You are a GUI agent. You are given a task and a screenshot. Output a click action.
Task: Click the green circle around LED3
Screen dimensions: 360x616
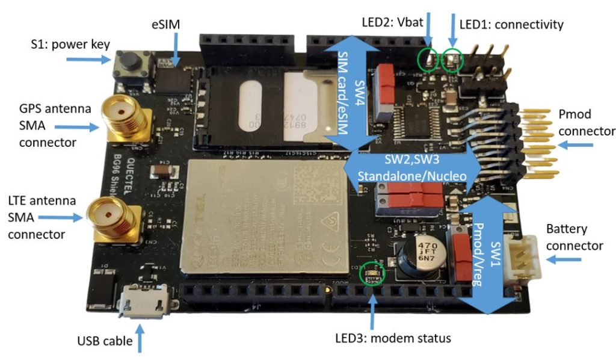(370, 275)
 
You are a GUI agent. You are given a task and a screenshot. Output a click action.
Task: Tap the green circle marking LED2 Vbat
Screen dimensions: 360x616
(429, 60)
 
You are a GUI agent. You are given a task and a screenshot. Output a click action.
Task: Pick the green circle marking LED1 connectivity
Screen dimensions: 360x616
(452, 59)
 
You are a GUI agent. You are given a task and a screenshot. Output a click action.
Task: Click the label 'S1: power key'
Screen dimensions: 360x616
(70, 45)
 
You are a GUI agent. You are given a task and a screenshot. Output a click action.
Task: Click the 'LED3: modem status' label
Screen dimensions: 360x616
(392, 338)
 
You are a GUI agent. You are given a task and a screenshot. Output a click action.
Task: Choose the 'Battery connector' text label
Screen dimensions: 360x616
(574, 237)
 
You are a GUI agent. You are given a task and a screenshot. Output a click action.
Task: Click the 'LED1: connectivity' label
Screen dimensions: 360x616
(511, 25)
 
